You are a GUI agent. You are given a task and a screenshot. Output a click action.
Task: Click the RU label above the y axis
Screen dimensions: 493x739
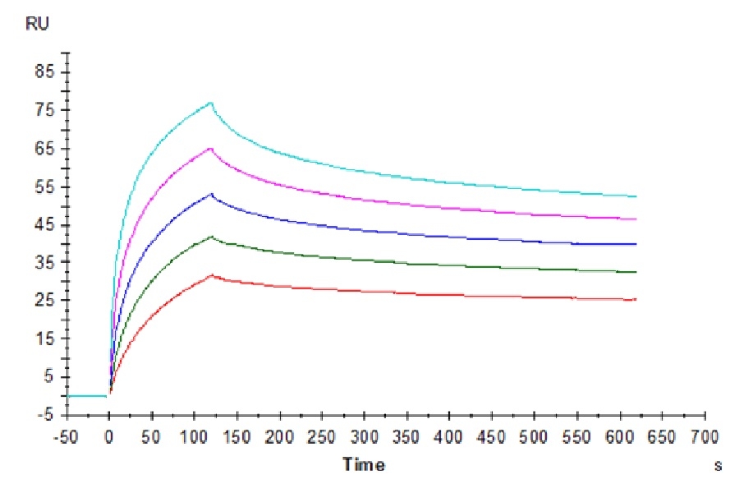click(38, 25)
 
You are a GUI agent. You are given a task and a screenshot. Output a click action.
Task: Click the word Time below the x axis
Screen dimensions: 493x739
click(364, 465)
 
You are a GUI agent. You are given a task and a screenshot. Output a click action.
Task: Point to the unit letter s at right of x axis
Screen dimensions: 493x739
click(718, 466)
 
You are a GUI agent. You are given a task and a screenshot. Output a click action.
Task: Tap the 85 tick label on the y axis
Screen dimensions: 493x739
click(42, 72)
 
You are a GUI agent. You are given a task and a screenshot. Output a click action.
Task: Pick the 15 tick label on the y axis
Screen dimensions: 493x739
click(42, 339)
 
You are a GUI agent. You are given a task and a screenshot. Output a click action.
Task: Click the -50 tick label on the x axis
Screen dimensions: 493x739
click(67, 435)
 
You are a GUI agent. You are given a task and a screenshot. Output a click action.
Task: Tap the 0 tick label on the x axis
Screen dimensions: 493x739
click(109, 435)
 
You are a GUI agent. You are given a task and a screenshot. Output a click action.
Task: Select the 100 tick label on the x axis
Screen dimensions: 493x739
click(194, 435)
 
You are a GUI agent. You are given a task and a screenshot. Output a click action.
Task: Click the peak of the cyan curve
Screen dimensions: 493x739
click(211, 103)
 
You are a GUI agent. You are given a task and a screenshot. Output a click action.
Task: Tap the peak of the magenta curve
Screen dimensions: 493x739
click(211, 148)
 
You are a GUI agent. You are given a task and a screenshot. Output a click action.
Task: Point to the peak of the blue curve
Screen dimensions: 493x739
click(211, 194)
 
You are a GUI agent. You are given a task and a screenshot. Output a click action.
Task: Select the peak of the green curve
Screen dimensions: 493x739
click(212, 237)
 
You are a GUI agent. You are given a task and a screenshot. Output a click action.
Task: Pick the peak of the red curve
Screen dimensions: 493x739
click(212, 275)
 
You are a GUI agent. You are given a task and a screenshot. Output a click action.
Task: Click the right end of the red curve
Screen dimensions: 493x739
click(636, 299)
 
